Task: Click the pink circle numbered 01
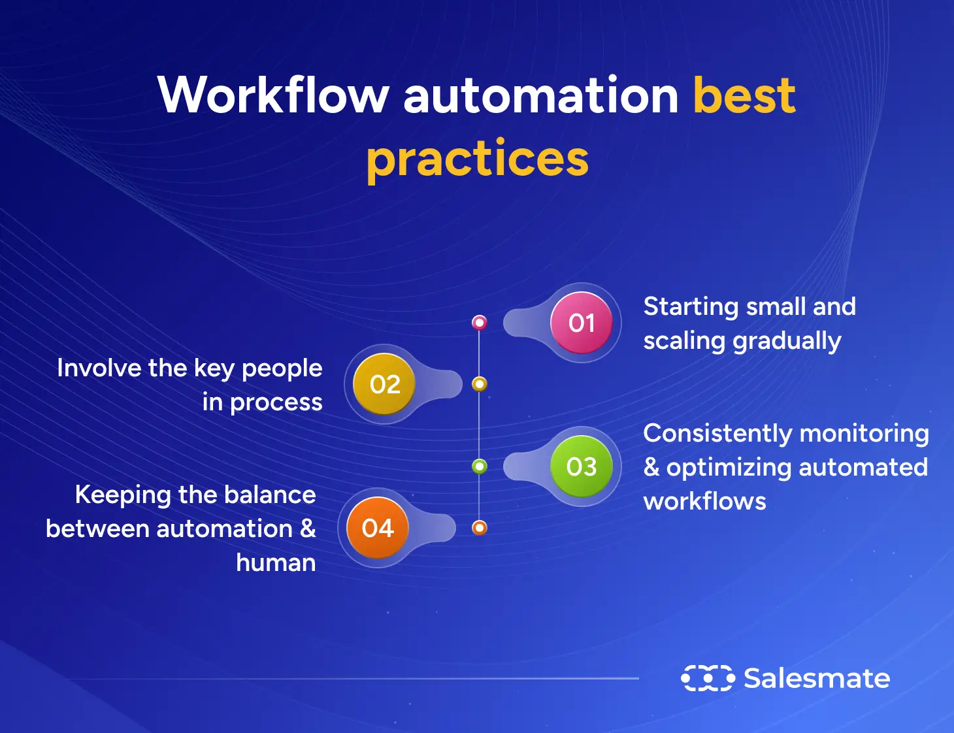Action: click(x=581, y=323)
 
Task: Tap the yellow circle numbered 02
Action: click(x=384, y=384)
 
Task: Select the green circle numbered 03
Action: click(x=581, y=466)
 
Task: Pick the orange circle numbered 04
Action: click(x=378, y=528)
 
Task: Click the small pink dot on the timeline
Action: click(x=480, y=322)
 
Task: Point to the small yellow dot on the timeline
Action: click(x=480, y=384)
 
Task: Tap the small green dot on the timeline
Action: click(x=480, y=466)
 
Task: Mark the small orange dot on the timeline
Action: click(x=480, y=527)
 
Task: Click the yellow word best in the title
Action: click(x=744, y=95)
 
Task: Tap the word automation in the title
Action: click(x=541, y=95)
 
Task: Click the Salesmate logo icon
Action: click(x=708, y=678)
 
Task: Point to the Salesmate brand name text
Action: click(x=817, y=678)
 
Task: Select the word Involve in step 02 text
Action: click(x=99, y=368)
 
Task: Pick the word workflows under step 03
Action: click(x=704, y=502)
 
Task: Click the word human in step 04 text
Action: click(x=275, y=562)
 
